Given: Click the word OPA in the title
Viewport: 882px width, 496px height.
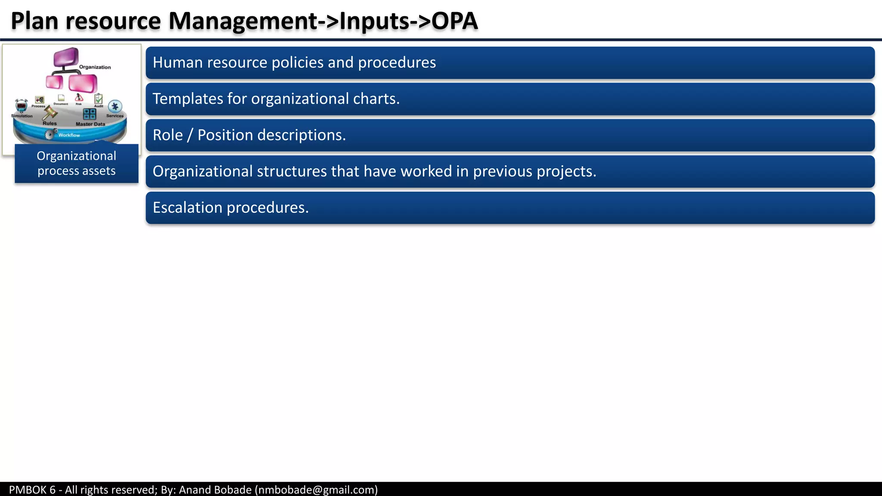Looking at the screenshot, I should [x=454, y=21].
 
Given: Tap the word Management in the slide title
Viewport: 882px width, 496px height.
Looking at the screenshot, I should [x=242, y=21].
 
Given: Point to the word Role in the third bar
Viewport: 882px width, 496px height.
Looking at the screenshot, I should [x=168, y=135].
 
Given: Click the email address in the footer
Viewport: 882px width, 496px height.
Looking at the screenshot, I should [x=317, y=490].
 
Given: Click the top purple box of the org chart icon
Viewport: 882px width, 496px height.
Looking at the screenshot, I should [x=66, y=56].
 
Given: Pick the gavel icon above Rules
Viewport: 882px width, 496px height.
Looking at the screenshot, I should [x=50, y=113].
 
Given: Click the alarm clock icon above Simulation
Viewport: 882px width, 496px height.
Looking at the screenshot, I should [x=22, y=106].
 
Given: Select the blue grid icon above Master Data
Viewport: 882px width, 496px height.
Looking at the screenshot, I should [x=90, y=114].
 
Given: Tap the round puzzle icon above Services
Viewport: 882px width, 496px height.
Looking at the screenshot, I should [x=115, y=106].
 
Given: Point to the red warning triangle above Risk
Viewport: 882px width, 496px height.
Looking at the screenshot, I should [x=79, y=97].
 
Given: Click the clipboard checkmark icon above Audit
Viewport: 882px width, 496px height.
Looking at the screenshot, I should [x=99, y=99].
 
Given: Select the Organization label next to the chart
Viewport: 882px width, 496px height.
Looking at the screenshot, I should [x=95, y=67].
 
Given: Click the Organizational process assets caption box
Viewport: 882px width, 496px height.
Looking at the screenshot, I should [x=77, y=164].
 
